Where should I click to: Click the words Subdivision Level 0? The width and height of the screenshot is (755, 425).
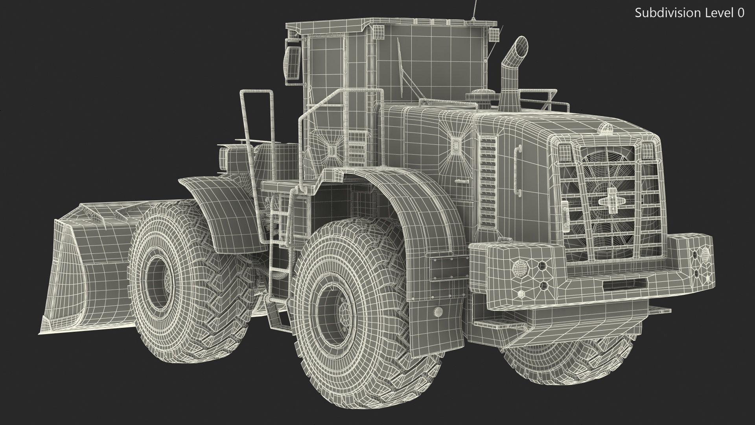689,13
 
